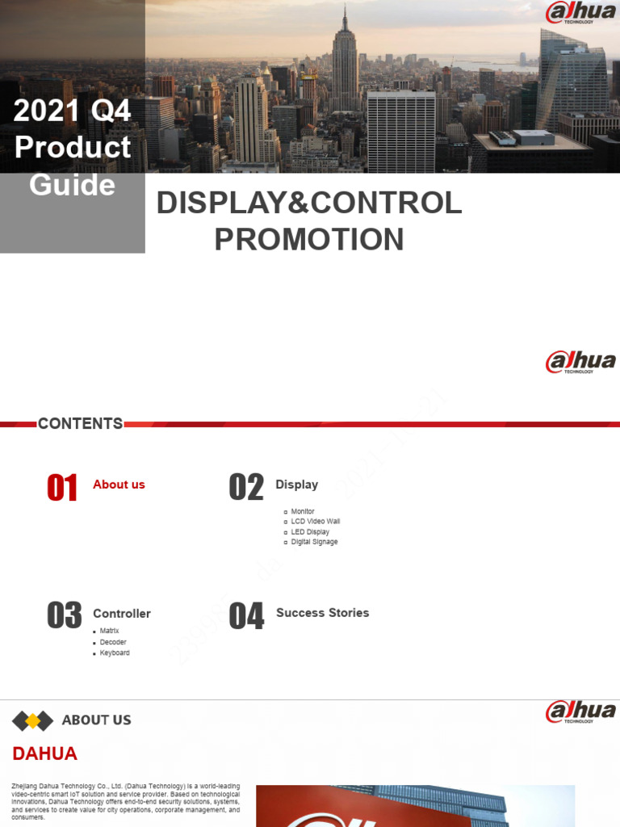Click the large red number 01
point(62,488)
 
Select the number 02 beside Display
point(246,487)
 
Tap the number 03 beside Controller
point(64,615)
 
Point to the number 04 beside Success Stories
point(246,615)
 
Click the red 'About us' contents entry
point(119,485)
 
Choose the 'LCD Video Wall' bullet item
point(315,522)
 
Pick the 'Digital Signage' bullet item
point(314,542)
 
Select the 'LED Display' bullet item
point(310,532)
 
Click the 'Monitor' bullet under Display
point(303,511)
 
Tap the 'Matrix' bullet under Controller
point(109,631)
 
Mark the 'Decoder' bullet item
point(113,642)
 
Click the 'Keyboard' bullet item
point(115,653)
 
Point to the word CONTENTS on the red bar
point(80,424)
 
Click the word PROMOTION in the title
point(309,240)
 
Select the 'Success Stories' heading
point(322,613)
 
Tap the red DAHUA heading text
point(45,754)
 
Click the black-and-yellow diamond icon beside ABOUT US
point(32,720)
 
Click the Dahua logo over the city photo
point(580,12)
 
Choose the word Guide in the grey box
point(72,185)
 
